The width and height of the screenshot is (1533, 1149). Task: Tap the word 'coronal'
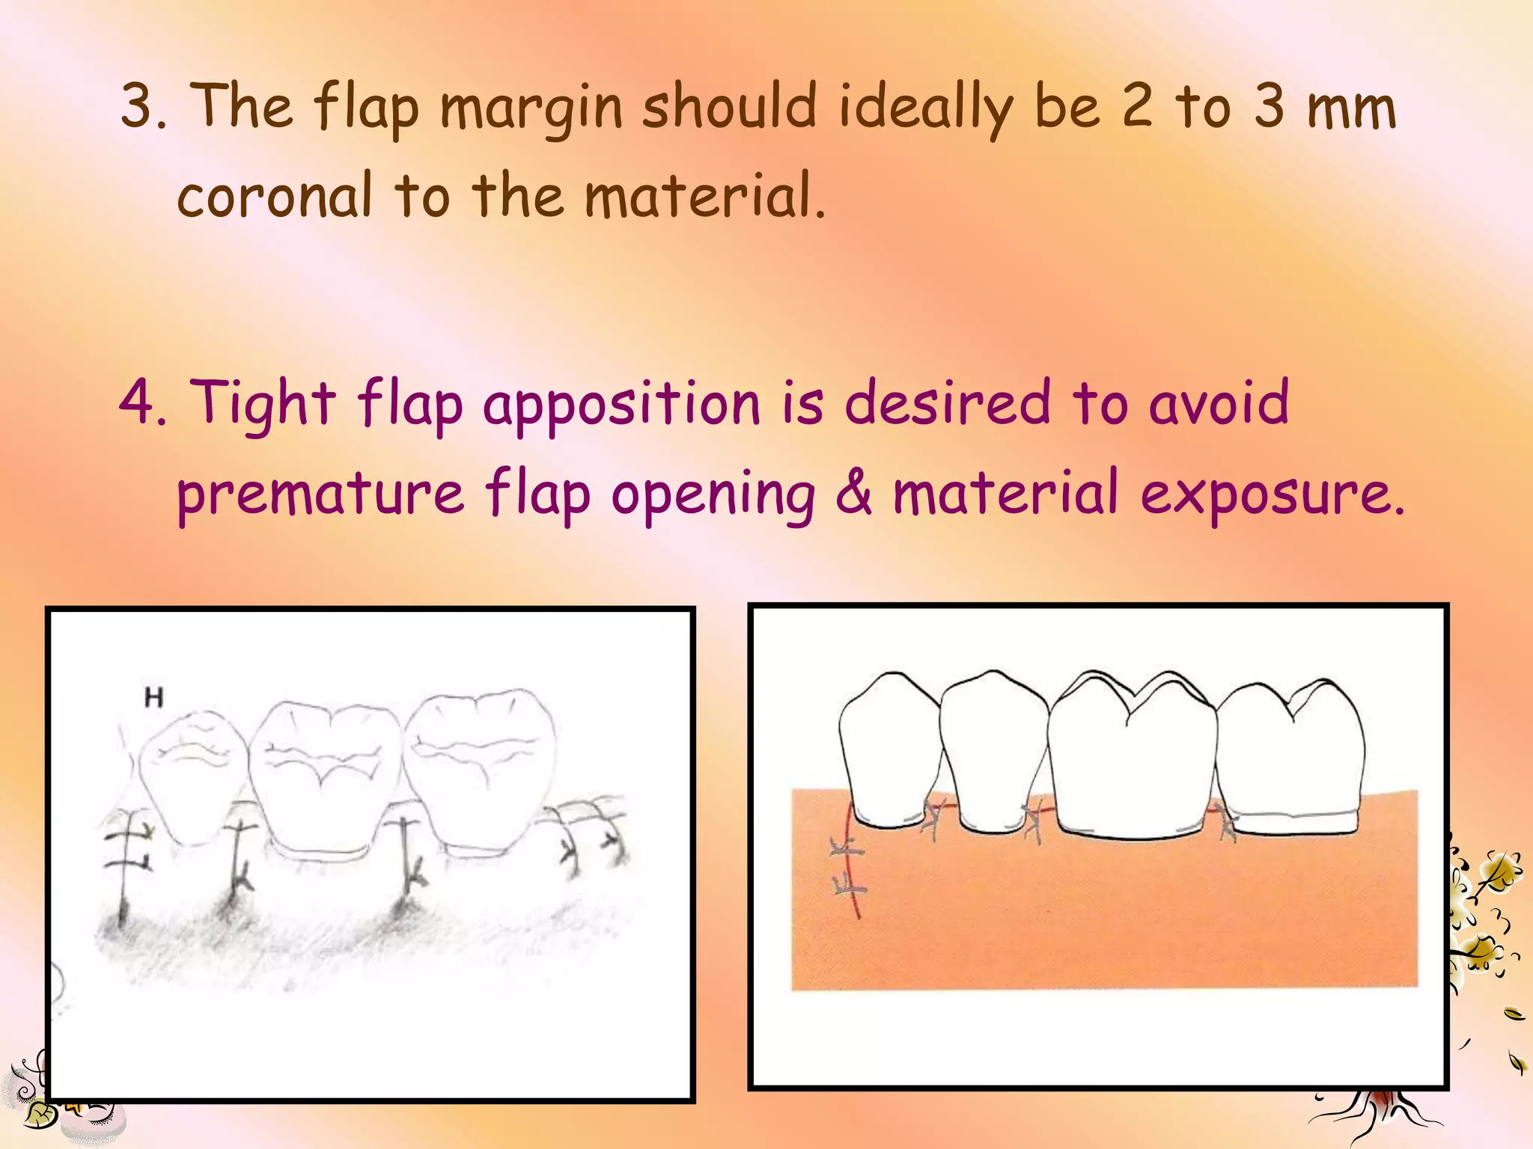[275, 196]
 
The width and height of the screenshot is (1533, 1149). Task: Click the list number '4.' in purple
[142, 402]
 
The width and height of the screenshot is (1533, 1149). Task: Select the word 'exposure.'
[1273, 495]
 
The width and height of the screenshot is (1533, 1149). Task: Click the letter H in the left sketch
[153, 698]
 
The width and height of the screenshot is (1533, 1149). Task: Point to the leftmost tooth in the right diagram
[889, 748]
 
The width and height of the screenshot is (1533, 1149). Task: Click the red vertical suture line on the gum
[851, 860]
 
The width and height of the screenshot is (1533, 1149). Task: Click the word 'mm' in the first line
[1351, 108]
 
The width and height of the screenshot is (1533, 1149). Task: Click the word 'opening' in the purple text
[713, 495]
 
